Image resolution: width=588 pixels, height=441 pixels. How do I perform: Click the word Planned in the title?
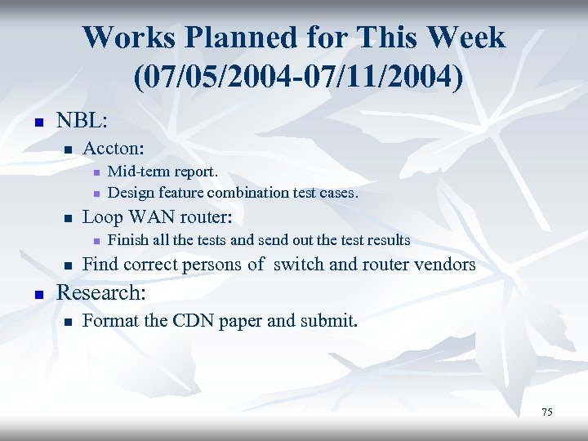[237, 38]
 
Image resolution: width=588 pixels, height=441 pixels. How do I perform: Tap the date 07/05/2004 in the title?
[208, 78]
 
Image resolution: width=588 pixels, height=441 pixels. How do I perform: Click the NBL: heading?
[81, 122]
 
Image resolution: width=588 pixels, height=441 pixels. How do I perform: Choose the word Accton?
[114, 149]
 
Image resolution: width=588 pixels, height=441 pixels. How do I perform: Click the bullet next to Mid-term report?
[96, 173]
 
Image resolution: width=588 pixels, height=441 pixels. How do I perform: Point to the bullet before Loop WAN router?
[69, 219]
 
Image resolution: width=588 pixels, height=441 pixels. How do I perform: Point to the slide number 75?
[546, 412]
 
